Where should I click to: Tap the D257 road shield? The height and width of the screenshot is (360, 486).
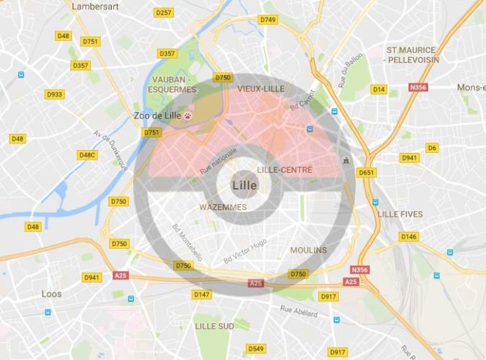(164, 12)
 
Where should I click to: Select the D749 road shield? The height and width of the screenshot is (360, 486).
(268, 20)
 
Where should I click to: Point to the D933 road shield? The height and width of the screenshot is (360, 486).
(54, 94)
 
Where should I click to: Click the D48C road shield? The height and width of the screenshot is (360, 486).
(87, 155)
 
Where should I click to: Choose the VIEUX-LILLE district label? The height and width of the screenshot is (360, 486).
(260, 88)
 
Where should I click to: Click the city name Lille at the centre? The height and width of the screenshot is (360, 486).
(244, 185)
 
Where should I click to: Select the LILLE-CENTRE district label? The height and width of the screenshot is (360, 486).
(285, 170)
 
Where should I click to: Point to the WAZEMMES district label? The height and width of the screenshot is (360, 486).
(223, 207)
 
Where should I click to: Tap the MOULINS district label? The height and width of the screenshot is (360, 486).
(308, 250)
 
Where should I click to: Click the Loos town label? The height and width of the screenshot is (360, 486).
(51, 294)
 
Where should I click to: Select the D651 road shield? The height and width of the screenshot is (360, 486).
(366, 173)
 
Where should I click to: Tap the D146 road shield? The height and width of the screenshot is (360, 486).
(408, 236)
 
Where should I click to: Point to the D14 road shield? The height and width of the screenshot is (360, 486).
(378, 89)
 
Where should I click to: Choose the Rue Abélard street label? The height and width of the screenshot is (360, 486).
(299, 312)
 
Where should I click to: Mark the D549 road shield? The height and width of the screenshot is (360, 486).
(255, 348)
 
